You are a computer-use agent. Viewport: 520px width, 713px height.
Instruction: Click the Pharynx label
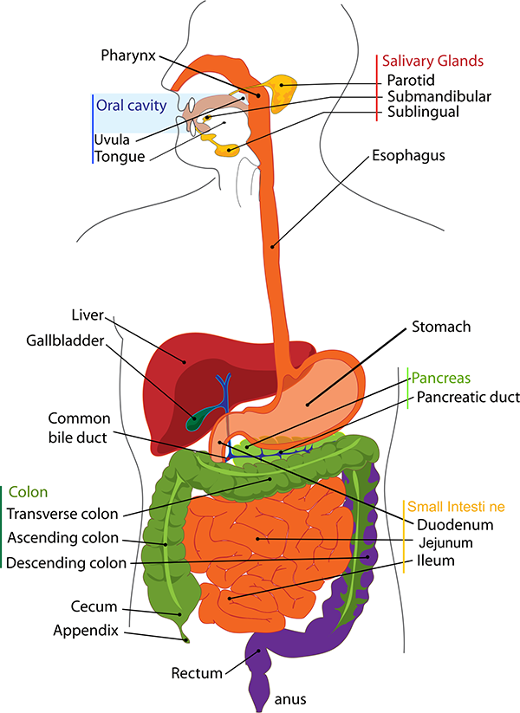[x=128, y=56]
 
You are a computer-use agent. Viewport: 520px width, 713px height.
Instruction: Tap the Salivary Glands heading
[x=432, y=61]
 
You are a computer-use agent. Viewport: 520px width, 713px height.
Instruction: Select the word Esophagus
[x=408, y=156]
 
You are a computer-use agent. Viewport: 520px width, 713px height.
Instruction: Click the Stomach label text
[x=441, y=327]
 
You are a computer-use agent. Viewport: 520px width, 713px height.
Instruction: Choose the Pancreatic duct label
[x=468, y=397]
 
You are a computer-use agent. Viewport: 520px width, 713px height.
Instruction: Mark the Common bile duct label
[x=79, y=428]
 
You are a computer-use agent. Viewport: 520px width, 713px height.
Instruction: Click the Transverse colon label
[x=62, y=514]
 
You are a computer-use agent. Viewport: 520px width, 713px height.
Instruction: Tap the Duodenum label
[x=455, y=525]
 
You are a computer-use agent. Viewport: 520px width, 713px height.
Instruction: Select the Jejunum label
[x=439, y=543]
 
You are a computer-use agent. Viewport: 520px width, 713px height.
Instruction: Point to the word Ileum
[x=435, y=561]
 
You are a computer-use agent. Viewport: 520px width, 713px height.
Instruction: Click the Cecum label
[x=94, y=606]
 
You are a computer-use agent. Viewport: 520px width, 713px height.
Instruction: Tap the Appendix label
[x=86, y=631]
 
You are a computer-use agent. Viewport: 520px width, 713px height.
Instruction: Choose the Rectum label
[x=197, y=673]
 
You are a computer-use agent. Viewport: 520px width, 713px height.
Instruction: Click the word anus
[x=290, y=699]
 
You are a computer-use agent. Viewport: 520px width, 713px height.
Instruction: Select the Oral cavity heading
[x=131, y=106]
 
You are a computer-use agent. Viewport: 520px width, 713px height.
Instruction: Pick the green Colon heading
[x=29, y=492]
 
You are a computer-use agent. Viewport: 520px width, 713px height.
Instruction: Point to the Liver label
[x=88, y=315]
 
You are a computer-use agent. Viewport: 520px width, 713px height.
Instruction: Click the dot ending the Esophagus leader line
[x=272, y=248]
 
